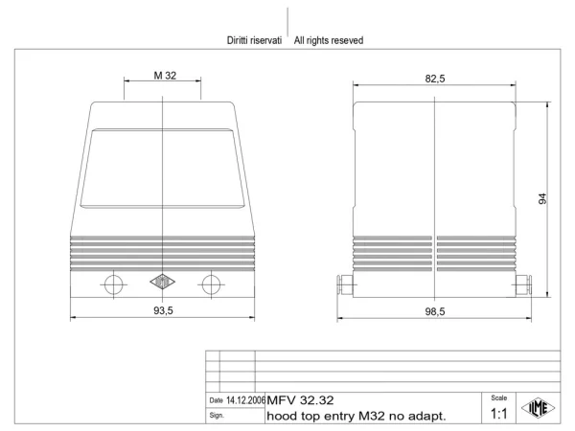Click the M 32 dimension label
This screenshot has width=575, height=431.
(x=165, y=76)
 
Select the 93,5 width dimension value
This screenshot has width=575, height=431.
(x=163, y=310)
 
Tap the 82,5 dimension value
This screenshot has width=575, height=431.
(x=435, y=79)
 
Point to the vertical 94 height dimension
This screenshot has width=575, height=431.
(x=542, y=198)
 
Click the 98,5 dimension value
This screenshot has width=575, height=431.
(x=435, y=311)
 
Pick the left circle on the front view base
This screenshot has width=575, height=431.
(x=113, y=284)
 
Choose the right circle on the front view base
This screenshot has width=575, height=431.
(x=211, y=284)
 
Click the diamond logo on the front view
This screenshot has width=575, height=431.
(x=163, y=282)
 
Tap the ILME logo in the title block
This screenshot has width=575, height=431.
(x=539, y=408)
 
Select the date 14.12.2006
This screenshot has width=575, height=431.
(x=245, y=400)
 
